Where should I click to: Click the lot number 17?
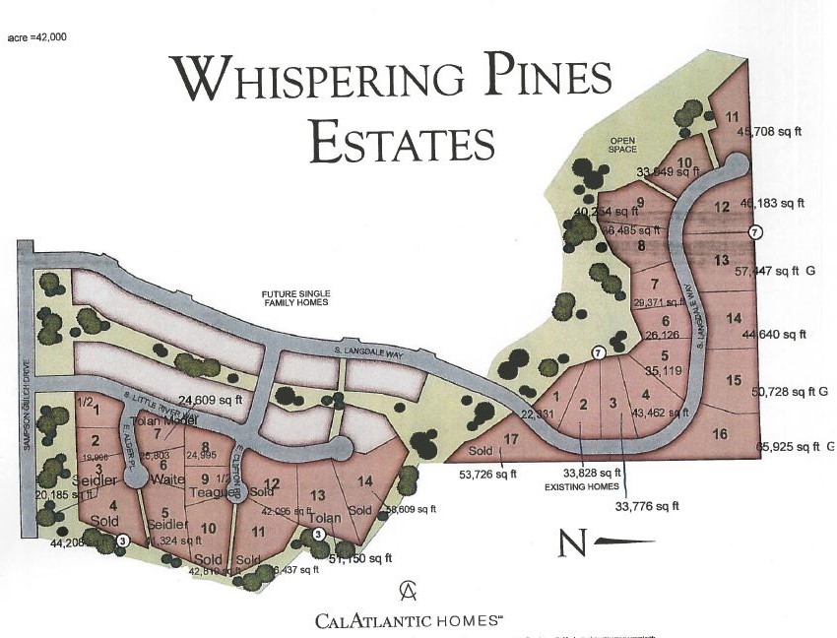pos(510,440)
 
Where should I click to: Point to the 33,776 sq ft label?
pos(647,506)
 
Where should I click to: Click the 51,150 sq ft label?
pos(358,558)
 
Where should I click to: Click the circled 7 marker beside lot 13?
pos(754,232)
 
